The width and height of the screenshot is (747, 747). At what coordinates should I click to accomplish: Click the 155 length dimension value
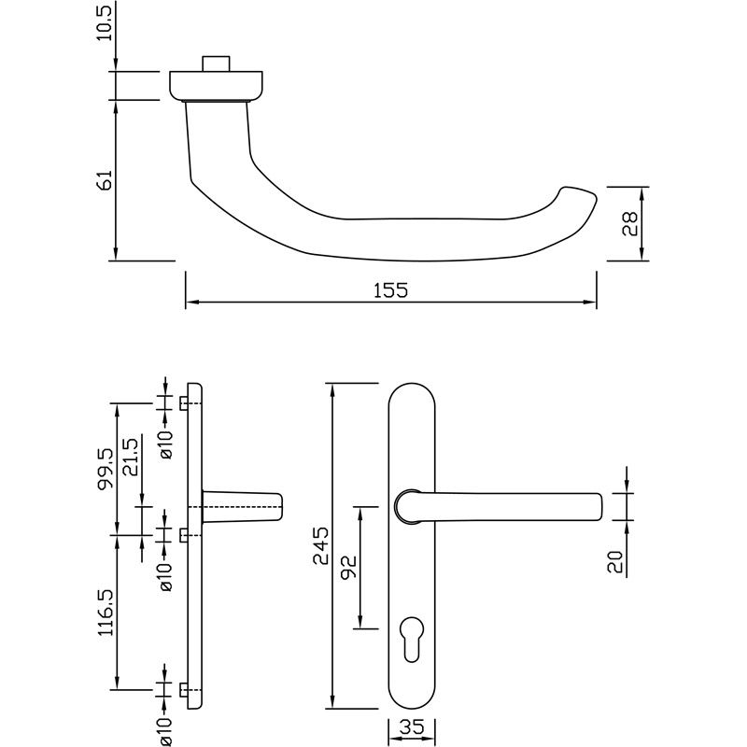click(391, 289)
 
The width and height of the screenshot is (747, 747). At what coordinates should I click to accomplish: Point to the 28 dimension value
click(630, 222)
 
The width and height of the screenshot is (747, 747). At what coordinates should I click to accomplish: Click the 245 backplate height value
click(320, 546)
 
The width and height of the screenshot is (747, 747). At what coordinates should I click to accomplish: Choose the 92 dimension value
click(349, 568)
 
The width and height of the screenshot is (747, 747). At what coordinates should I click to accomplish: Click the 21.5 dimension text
click(132, 458)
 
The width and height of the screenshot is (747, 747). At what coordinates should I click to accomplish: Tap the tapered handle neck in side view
click(241, 507)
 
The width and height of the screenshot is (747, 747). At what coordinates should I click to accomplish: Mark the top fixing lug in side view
click(184, 403)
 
